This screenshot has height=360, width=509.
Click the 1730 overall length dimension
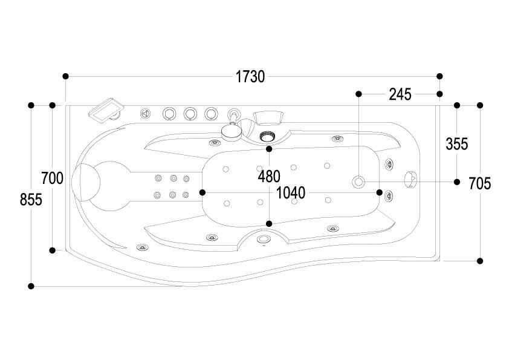[250, 77]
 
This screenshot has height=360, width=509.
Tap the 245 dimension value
[400, 94]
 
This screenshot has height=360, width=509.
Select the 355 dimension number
[457, 144]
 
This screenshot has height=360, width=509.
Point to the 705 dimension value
[480, 184]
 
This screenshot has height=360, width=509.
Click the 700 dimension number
[52, 178]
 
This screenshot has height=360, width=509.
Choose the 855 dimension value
[31, 200]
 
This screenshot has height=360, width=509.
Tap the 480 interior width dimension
[269, 177]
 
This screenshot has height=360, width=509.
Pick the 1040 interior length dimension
[291, 193]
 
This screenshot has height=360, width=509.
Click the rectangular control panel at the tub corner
[106, 111]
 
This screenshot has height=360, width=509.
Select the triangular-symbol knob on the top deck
[146, 114]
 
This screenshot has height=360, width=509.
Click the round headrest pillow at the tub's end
[86, 182]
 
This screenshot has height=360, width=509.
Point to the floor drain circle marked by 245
[358, 182]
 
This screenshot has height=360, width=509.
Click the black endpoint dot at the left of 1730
[65, 76]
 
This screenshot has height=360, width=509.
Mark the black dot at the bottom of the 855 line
[31, 286]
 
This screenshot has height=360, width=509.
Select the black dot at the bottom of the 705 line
[480, 261]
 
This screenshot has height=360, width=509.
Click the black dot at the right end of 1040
[379, 192]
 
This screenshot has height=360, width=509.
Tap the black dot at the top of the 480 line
[269, 149]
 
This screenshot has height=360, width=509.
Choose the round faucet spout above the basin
[232, 131]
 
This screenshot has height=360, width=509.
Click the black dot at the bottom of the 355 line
[457, 182]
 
